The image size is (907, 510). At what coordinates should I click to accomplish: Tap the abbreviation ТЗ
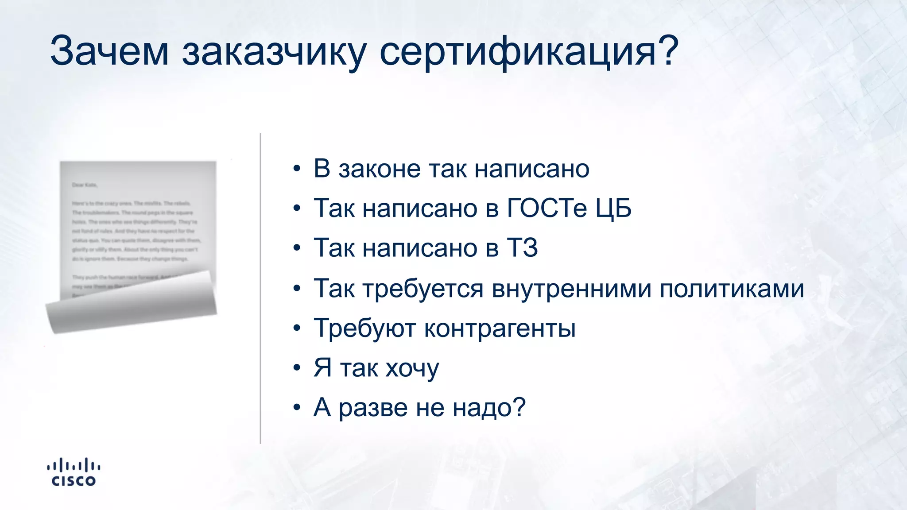click(522, 247)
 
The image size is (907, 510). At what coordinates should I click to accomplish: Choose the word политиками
click(732, 289)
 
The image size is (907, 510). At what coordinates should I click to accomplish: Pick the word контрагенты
click(500, 328)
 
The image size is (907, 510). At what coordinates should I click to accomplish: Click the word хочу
click(412, 368)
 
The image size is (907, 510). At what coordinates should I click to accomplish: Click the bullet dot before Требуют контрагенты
click(297, 328)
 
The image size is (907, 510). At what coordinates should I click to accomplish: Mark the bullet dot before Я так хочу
click(297, 368)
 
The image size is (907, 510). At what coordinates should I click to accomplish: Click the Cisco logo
click(74, 472)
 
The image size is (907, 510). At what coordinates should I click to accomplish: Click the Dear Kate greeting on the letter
click(85, 185)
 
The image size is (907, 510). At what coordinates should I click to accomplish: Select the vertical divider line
click(260, 288)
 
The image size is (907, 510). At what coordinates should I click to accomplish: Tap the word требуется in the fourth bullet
click(423, 288)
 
